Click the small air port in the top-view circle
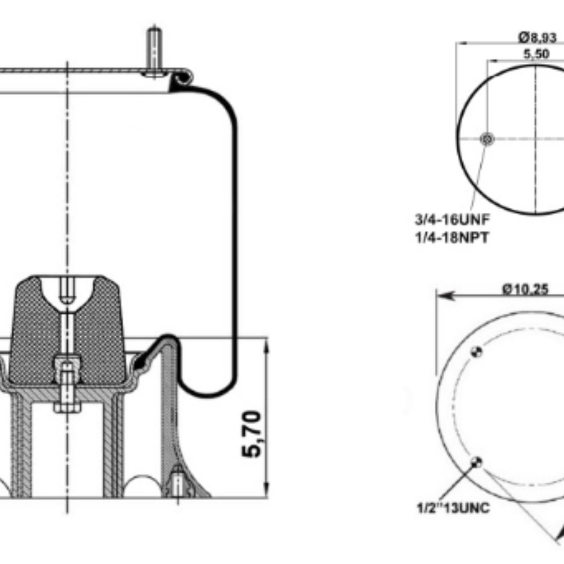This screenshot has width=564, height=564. (x=488, y=140)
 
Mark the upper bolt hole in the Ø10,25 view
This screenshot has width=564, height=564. (x=479, y=352)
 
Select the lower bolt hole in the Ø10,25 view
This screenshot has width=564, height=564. (x=476, y=463)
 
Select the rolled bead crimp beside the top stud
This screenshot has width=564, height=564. (x=183, y=76)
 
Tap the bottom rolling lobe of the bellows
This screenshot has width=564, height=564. (x=208, y=390)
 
